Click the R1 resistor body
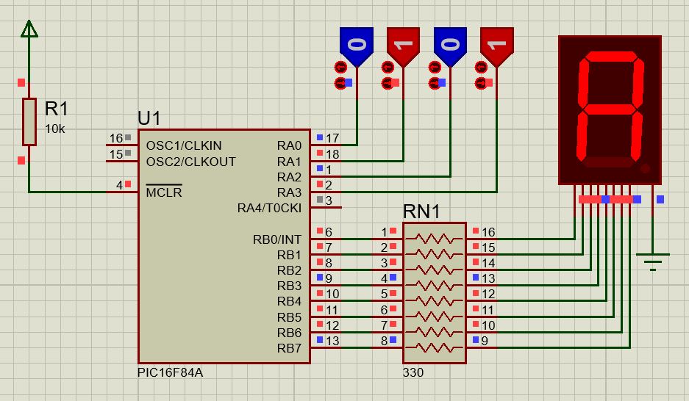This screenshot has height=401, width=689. pyautogui.click(x=29, y=121)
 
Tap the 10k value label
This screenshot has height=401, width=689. pyautogui.click(x=55, y=129)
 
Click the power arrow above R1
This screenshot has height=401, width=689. pyautogui.click(x=29, y=29)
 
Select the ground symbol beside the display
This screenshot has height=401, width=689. pyautogui.click(x=652, y=261)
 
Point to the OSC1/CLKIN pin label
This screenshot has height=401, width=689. pyautogui.click(x=184, y=145)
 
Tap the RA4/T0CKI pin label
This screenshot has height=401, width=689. pyautogui.click(x=269, y=208)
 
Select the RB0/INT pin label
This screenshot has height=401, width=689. pyautogui.click(x=276, y=239)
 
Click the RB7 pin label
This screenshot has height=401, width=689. pyautogui.click(x=289, y=348)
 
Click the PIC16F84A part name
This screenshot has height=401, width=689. pyautogui.click(x=170, y=372)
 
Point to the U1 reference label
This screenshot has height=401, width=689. pyautogui.click(x=149, y=118)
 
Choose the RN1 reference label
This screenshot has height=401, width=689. pyautogui.click(x=421, y=212)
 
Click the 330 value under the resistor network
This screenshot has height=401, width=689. pyautogui.click(x=413, y=372)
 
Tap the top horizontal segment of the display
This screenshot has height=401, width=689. pyautogui.click(x=611, y=57)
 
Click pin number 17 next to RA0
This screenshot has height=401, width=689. pyautogui.click(x=332, y=138)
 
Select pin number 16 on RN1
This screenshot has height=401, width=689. pyautogui.click(x=488, y=231)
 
